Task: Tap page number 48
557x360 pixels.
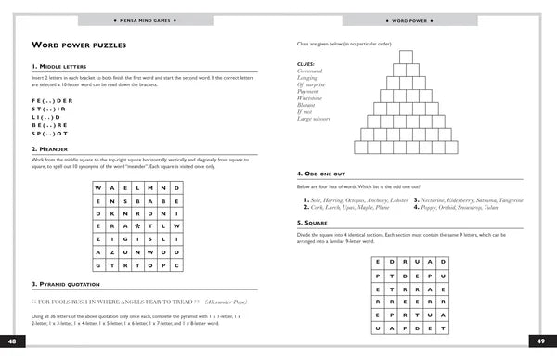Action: click(x=12, y=341)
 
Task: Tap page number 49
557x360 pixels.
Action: click(x=543, y=341)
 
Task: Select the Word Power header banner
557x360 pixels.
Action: click(x=409, y=19)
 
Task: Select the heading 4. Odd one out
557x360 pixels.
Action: click(x=321, y=174)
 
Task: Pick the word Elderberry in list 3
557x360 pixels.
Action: click(x=460, y=199)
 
